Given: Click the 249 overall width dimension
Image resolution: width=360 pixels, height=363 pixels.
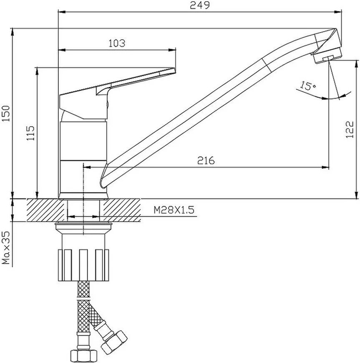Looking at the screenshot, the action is click(200, 5).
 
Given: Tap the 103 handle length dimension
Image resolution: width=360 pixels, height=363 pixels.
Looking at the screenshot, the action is click(117, 43).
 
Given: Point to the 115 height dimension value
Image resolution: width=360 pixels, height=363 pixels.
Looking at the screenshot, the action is click(30, 133).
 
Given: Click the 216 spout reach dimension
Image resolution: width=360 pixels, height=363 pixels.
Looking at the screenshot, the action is click(206, 160).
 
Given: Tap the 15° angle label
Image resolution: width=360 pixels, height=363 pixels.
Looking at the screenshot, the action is click(308, 86).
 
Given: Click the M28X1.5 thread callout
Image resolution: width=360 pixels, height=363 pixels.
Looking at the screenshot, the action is click(174, 210).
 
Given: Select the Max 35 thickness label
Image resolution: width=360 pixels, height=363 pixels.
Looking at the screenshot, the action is click(6, 247).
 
